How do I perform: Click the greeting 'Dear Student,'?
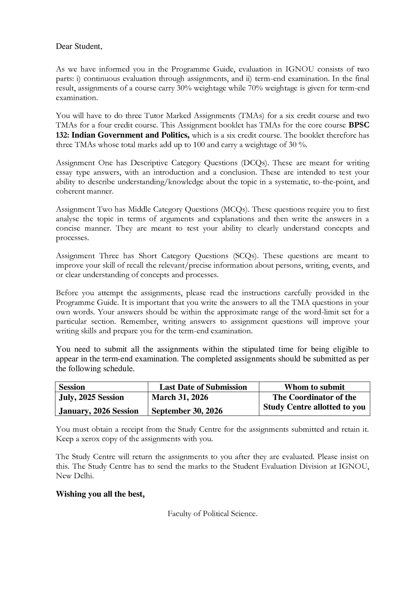click(x=79, y=46)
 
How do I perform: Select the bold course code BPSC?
click(x=359, y=125)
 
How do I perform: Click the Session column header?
click(x=72, y=387)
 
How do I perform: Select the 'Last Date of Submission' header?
click(x=203, y=387)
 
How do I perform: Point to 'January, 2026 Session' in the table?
click(x=99, y=411)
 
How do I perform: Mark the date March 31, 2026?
click(x=180, y=397)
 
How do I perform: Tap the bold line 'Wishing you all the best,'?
click(x=100, y=494)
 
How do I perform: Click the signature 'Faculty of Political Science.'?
click(x=212, y=514)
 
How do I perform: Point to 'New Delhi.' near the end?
click(x=75, y=476)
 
